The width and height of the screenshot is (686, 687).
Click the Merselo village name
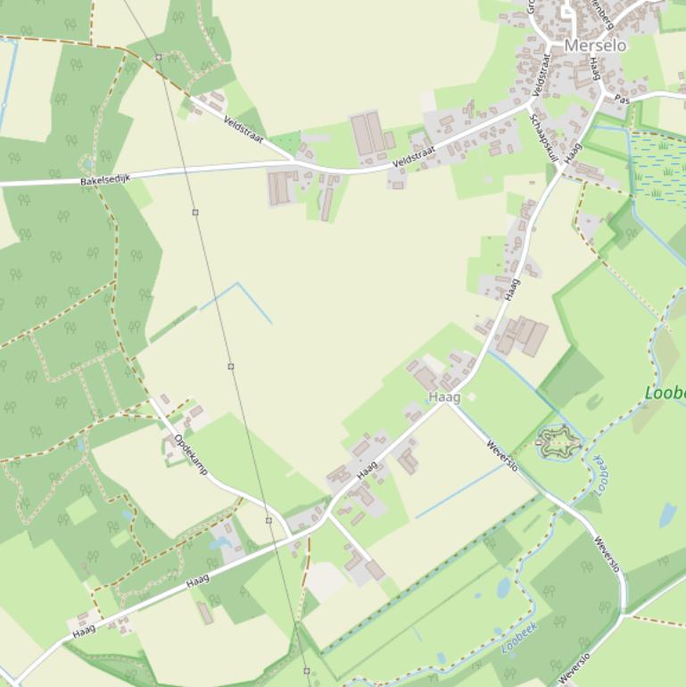pyautogui.click(x=595, y=46)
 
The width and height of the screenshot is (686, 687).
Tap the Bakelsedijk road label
pyautogui.click(x=105, y=179)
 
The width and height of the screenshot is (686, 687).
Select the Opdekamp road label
pyautogui.click(x=191, y=453)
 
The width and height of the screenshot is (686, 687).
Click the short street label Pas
pyautogui.click(x=623, y=101)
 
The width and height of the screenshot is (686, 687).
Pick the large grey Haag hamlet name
pyautogui.click(x=443, y=397)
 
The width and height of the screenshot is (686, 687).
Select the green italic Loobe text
pyautogui.click(x=665, y=393)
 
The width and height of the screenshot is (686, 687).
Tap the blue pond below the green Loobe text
pyautogui.click(x=667, y=515)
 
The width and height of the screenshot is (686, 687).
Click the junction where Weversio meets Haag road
pyautogui.click(x=450, y=404)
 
